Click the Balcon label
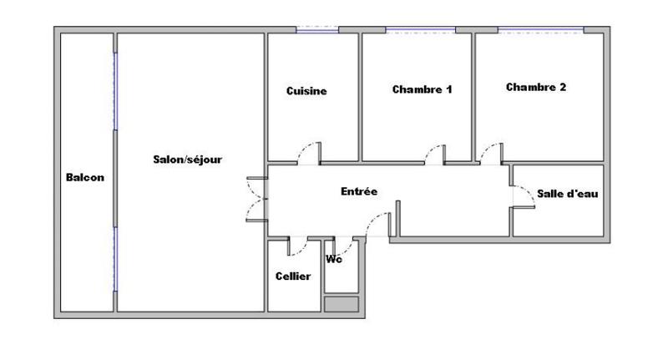(x=84, y=177)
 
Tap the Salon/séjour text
(x=187, y=159)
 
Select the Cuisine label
(x=306, y=91)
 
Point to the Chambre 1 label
(x=422, y=89)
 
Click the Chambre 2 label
(x=536, y=87)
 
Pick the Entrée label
(x=359, y=191)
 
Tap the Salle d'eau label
(x=568, y=194)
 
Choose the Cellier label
(x=293, y=276)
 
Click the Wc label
(x=334, y=258)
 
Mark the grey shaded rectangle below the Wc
(x=341, y=304)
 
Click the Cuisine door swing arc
(x=310, y=151)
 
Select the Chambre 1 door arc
(x=434, y=154)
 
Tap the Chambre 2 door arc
(x=490, y=152)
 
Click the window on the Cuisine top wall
(x=316, y=31)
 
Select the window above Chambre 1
(x=420, y=31)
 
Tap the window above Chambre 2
(x=540, y=31)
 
